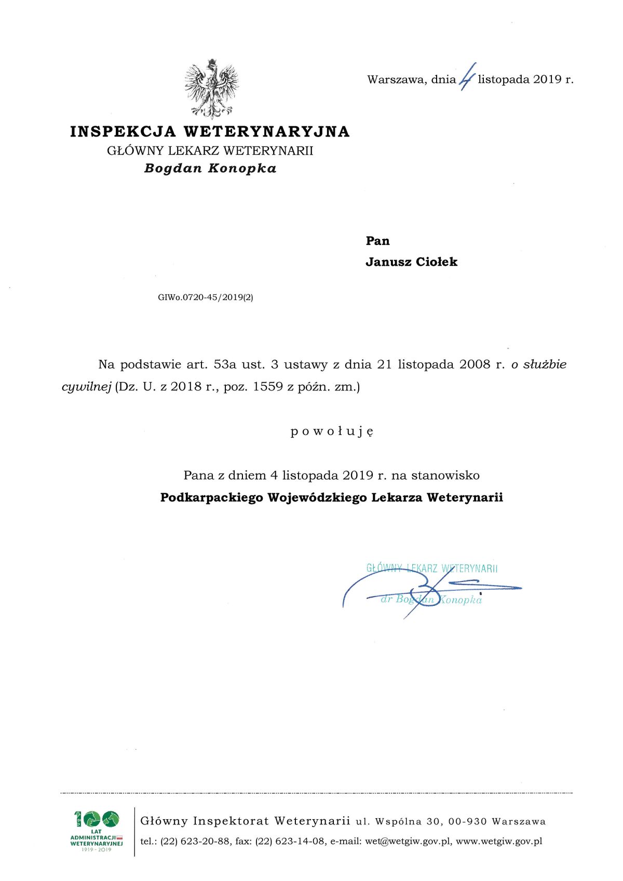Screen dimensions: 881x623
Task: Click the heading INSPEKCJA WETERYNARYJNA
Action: point(210,132)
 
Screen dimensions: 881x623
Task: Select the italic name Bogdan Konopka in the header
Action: point(210,169)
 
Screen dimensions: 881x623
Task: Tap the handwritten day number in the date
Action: point(467,78)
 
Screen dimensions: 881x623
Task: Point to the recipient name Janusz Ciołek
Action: point(411,262)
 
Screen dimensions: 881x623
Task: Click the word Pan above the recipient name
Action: point(377,241)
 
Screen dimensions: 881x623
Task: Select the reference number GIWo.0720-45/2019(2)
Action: point(206,297)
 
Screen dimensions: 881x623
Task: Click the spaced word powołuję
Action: point(332,431)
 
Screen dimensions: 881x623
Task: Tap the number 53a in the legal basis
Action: point(225,364)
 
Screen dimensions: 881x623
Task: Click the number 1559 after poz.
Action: point(268,387)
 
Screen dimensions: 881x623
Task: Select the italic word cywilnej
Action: point(87,387)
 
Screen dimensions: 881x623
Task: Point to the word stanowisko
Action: point(445,476)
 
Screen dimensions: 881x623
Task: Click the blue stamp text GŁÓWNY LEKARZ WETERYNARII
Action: point(432,568)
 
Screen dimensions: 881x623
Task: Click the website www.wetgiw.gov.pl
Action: point(499,841)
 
